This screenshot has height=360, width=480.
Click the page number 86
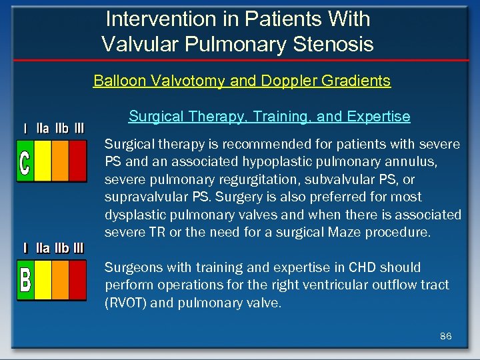tap(445, 336)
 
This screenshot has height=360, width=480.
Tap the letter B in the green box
tap(25, 279)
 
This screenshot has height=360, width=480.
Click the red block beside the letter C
tap(78, 160)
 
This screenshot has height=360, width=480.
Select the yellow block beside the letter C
tap(43, 160)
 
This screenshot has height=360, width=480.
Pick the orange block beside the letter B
tap(61, 279)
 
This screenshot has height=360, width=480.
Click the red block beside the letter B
tap(78, 279)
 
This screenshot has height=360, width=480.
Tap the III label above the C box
tap(79, 128)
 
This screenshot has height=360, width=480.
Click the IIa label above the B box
tap(43, 248)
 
